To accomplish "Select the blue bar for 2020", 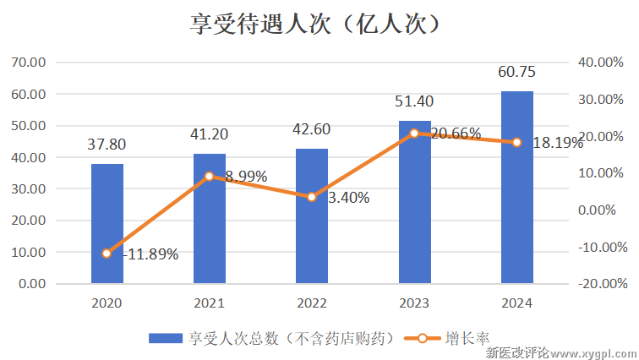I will click(x=107, y=223).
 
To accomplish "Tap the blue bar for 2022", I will click(x=312, y=215).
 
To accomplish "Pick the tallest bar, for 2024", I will click(x=516, y=187).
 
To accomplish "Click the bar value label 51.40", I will click(x=414, y=101).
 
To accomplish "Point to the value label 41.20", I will click(x=210, y=134).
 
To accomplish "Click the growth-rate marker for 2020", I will click(x=107, y=254).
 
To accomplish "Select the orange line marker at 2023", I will click(x=414, y=134).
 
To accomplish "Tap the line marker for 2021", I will click(x=210, y=177).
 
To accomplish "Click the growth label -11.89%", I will click(x=150, y=254).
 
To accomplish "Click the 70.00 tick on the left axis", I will click(x=28, y=62).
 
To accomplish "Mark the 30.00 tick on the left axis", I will click(x=28, y=188).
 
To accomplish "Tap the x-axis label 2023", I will click(x=414, y=303).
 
